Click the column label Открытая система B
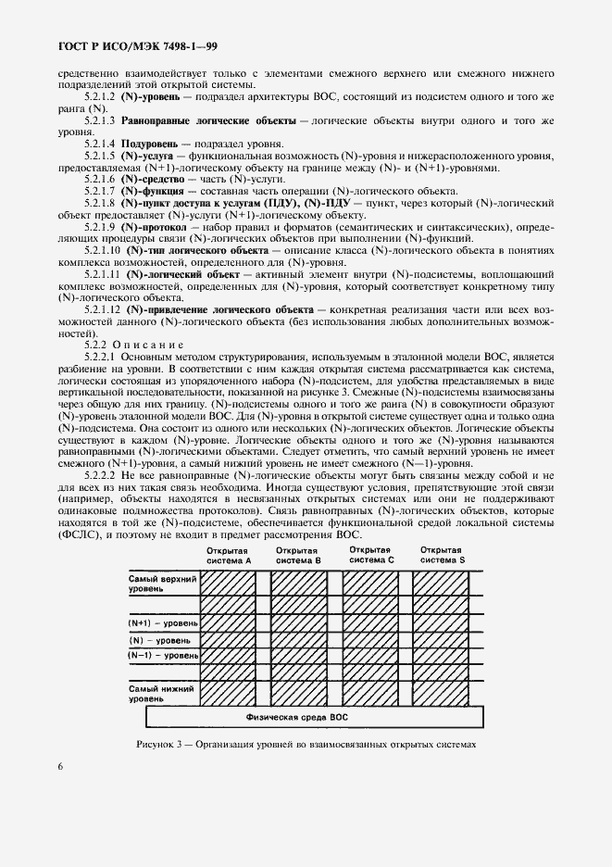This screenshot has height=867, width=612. (302, 555)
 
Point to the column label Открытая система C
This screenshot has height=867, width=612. (371, 555)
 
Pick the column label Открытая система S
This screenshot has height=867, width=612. (442, 555)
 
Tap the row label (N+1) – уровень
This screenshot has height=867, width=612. (163, 622)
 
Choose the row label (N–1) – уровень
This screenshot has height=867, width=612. (163, 656)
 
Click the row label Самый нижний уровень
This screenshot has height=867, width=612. (159, 694)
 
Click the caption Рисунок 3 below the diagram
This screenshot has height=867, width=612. (305, 744)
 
